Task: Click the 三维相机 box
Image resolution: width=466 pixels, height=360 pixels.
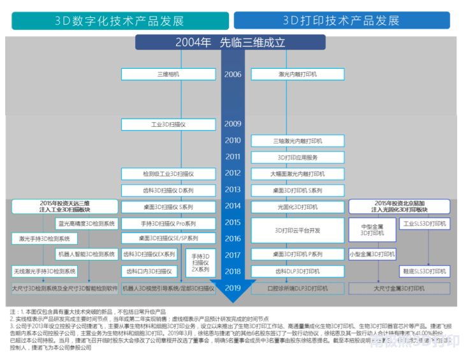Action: (x=168, y=75)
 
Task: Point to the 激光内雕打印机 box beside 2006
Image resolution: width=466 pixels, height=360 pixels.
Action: (x=297, y=75)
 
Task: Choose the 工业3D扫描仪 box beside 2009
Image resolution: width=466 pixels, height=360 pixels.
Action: (x=168, y=124)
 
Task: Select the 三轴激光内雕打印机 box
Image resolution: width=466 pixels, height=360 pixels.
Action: (x=297, y=141)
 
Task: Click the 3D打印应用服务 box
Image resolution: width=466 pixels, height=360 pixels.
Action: (x=297, y=157)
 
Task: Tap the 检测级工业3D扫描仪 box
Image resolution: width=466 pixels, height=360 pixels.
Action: (x=168, y=173)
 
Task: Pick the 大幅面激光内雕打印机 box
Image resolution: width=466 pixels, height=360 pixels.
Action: (x=297, y=173)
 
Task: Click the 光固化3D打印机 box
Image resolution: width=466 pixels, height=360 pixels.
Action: (x=297, y=206)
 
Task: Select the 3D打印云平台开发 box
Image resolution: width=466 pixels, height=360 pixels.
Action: (x=297, y=231)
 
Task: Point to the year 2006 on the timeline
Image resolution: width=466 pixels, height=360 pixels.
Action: (x=233, y=75)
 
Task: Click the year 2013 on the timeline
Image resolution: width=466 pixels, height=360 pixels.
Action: (x=233, y=190)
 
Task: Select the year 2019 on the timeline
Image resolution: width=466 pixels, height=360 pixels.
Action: (x=233, y=288)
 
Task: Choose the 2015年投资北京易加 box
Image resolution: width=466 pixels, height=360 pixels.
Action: (x=400, y=206)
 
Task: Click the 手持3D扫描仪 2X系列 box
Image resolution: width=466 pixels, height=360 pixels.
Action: (x=200, y=263)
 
